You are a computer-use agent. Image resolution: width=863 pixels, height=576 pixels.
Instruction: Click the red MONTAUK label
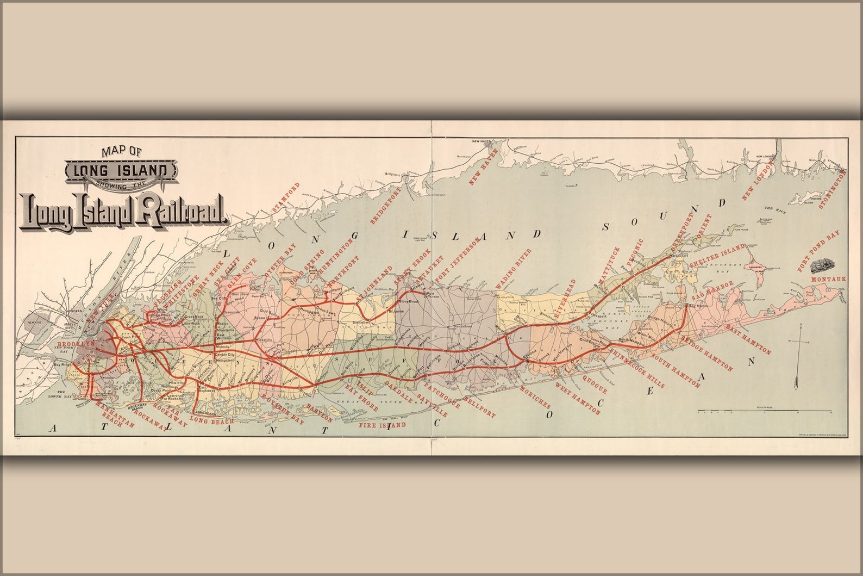point(828,279)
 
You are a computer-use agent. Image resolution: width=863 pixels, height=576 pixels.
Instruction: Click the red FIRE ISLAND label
point(382,425)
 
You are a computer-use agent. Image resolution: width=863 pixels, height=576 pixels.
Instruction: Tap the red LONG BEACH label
point(211,421)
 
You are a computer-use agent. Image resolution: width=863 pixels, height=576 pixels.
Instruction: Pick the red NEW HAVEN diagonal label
point(483,165)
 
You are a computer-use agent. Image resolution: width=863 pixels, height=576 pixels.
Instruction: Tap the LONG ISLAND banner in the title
point(121,171)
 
